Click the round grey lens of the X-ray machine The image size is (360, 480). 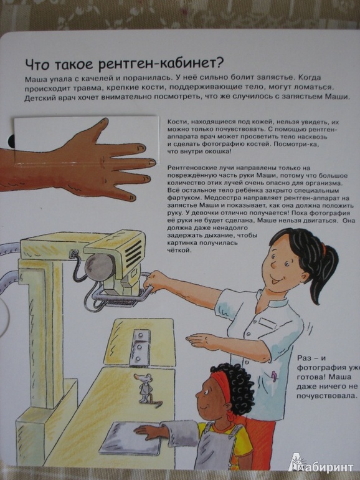(x=98, y=266)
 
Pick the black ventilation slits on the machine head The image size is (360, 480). (x=133, y=252)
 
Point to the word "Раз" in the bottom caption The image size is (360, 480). (x=305, y=358)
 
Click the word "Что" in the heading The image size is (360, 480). (x=37, y=64)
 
